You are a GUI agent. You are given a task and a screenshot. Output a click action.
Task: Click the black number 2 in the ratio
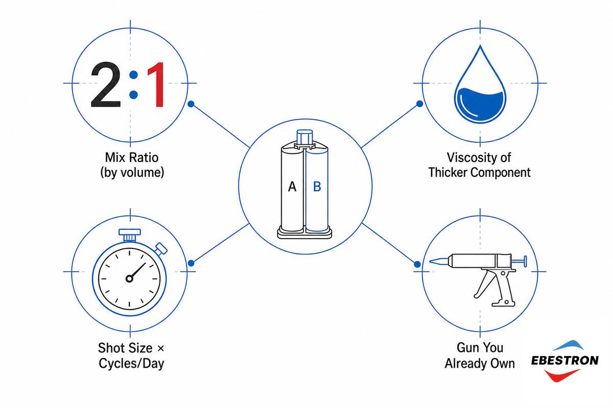pos(106,85)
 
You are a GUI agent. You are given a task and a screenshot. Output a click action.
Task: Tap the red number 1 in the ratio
pos(156,85)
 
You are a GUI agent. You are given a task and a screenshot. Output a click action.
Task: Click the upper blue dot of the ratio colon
pos(133,74)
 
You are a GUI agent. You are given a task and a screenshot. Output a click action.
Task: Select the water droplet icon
pos(480,84)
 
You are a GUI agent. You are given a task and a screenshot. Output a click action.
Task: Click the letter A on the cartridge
pos(292,187)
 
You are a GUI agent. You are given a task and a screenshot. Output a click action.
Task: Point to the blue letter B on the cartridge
pos(317,187)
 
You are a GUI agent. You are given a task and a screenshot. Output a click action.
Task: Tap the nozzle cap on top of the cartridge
pos(304,137)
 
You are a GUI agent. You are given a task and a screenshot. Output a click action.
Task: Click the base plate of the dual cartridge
pos(304,233)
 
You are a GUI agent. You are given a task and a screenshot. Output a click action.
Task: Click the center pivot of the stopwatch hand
pos(129,279)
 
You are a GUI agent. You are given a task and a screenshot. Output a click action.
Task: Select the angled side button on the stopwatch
pos(161,249)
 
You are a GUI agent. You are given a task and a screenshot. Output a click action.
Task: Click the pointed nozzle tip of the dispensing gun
pos(431,262)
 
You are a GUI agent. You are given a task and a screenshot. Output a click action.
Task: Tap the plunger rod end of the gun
pos(525,261)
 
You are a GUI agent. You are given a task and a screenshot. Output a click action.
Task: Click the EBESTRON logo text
pos(565,361)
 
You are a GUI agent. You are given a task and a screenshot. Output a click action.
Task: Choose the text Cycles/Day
pos(131,364)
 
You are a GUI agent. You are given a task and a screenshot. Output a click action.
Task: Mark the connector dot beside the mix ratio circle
pos(191,104)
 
